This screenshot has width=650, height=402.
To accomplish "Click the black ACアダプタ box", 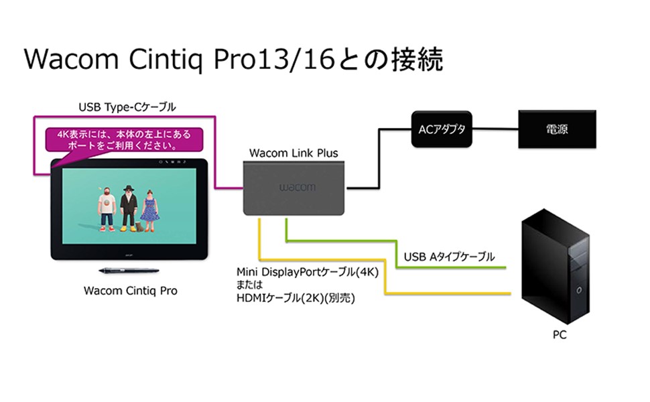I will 441,129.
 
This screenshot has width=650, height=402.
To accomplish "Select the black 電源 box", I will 557,129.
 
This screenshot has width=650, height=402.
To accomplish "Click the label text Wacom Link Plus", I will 294,153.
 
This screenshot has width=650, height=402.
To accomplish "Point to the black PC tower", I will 560,268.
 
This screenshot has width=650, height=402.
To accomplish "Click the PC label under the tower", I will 560,335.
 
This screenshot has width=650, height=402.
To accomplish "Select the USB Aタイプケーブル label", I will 449,257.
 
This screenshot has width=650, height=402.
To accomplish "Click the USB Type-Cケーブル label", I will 127,107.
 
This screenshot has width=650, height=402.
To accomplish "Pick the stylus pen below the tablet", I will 128,271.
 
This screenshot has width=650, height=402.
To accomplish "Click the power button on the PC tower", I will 578,290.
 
